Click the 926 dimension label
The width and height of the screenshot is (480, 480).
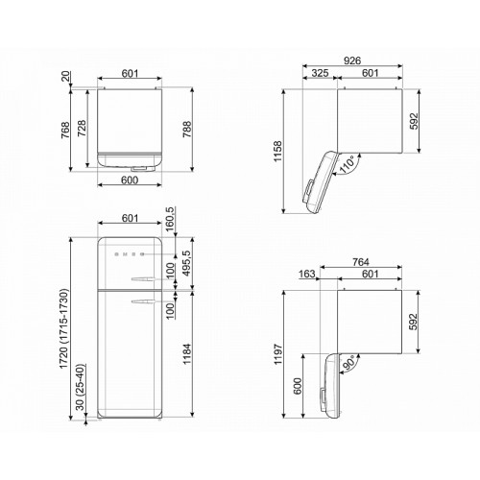352,60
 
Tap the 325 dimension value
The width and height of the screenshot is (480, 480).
320,73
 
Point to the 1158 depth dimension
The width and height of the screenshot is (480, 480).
277,152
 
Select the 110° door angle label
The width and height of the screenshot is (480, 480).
347,164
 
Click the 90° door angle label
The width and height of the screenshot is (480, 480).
349,362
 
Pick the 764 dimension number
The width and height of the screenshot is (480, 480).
361,262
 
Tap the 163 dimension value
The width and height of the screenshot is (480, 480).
307,274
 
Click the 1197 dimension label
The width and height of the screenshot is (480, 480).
277,354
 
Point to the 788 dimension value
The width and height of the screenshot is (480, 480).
187,130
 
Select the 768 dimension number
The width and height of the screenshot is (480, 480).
65,130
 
